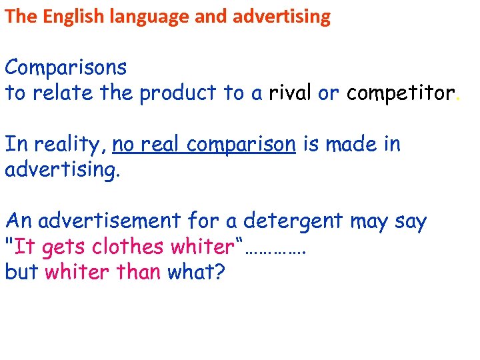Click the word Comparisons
65,68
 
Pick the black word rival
290,93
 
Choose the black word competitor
400,93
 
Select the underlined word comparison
241,145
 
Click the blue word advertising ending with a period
63,170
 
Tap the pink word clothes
127,247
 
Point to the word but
21,272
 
